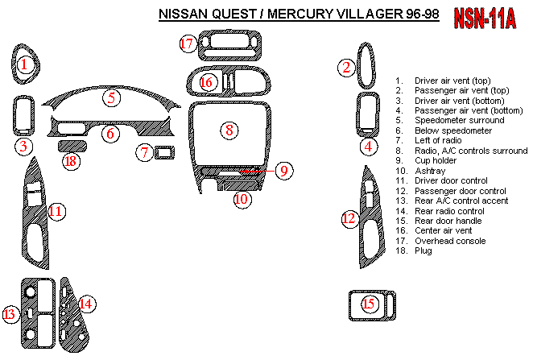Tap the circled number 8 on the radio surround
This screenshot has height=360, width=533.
pos(229,129)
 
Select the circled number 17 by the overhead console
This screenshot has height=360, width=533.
pos(188,43)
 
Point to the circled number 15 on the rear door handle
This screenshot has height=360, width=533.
pos(369,304)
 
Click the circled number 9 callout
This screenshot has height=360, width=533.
pos(283,170)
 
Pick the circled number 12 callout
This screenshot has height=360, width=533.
pos(348,218)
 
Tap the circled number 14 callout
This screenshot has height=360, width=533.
pos(85,303)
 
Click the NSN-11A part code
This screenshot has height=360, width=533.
pos(485,19)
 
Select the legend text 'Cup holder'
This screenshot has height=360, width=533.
pos(436,160)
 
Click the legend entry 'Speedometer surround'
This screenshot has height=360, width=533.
pos(459,120)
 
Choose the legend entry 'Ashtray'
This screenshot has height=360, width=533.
pos(431,171)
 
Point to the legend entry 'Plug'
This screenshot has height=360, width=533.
pos(423,250)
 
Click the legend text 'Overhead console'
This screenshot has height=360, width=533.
pos(449,241)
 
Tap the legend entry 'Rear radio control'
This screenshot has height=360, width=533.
pos(448,210)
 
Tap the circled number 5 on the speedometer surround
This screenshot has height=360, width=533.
pos(111,98)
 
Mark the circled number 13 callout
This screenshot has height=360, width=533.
pos(10,314)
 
